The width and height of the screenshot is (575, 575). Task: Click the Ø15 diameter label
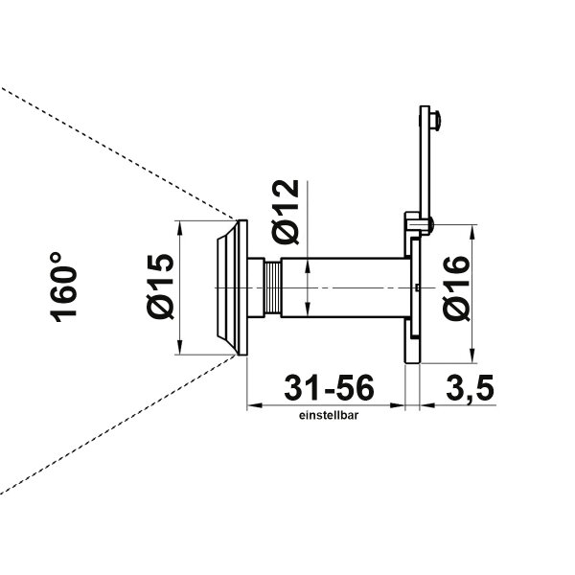coord(160,287)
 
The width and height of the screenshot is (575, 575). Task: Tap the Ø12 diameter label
coord(286,212)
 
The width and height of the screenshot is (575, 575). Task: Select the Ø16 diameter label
coord(456,288)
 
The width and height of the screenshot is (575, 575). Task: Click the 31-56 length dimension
coord(329,387)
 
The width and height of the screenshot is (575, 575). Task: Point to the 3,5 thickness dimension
coord(470,388)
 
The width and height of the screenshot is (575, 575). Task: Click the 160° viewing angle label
coord(63,287)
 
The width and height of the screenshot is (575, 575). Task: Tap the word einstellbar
coord(329,416)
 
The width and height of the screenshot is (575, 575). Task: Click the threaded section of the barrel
coord(272,287)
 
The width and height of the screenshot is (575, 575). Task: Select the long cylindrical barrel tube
coord(345,287)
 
